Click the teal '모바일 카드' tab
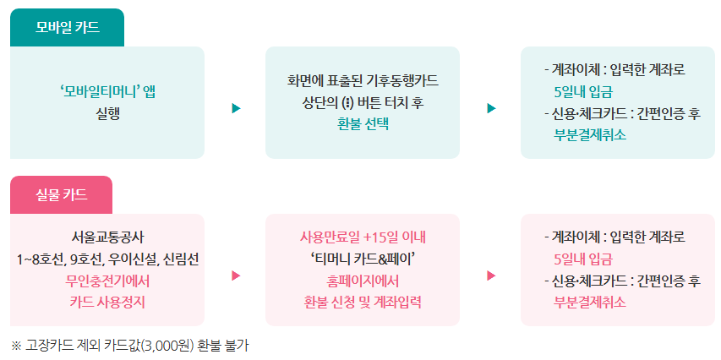pos(67,27)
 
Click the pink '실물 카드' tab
pos(61,194)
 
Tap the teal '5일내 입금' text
pos(583,91)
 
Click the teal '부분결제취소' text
pos(590,134)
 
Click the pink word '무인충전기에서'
pos(107,280)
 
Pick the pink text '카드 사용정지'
pos(107,301)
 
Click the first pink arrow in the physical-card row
pos(236,275)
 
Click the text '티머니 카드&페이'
pos(363,258)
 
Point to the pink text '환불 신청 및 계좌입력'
pos(363,302)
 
